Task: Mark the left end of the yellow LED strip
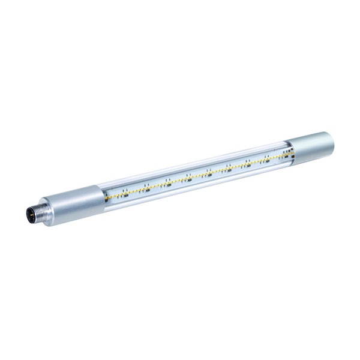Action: [107, 197]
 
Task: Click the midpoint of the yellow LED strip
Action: [197, 176]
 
